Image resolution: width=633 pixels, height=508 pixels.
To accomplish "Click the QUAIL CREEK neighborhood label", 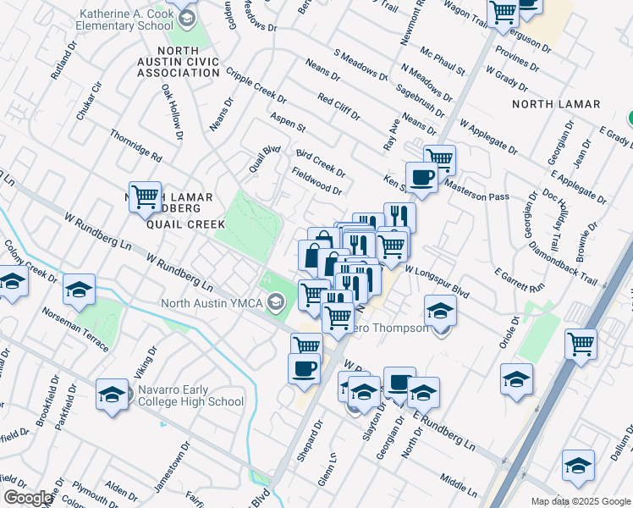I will (x=184, y=224).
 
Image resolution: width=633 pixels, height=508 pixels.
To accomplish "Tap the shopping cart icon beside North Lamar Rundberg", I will (x=145, y=198).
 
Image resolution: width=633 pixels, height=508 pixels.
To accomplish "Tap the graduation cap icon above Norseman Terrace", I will (x=79, y=290).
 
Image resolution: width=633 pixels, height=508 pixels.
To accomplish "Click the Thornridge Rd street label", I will (x=135, y=145).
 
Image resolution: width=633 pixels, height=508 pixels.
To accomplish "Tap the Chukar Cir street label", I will (x=89, y=101).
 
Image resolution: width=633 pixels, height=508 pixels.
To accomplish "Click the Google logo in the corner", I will (x=28, y=498).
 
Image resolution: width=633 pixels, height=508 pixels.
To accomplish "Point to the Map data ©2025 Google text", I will (x=580, y=501).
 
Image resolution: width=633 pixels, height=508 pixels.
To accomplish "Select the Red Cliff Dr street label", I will (x=342, y=111).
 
